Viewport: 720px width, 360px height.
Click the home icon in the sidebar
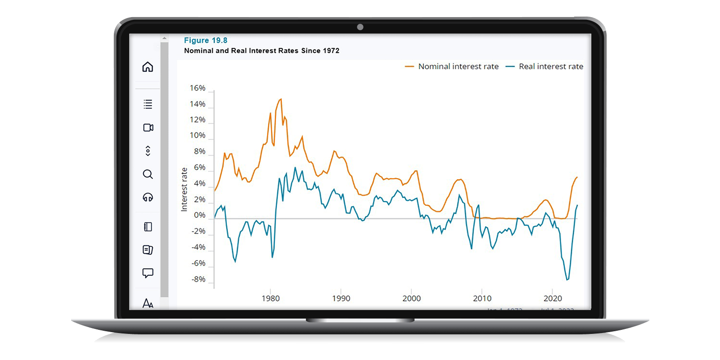pyautogui.click(x=148, y=67)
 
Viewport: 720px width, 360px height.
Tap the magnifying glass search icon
pyautogui.click(x=148, y=174)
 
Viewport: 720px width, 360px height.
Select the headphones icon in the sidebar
pyautogui.click(x=148, y=197)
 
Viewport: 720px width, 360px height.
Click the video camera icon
pyautogui.click(x=148, y=128)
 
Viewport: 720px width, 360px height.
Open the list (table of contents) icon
pyautogui.click(x=148, y=104)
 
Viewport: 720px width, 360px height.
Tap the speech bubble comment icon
pyautogui.click(x=148, y=273)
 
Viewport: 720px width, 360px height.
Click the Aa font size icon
pyautogui.click(x=148, y=303)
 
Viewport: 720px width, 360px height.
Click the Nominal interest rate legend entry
pyautogui.click(x=458, y=67)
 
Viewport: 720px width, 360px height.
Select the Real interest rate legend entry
pyautogui.click(x=550, y=67)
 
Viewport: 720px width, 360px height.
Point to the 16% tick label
pyautogui.click(x=197, y=88)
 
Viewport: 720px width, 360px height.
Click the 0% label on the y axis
pyautogui.click(x=199, y=215)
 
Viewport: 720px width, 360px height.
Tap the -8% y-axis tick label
pyautogui.click(x=198, y=279)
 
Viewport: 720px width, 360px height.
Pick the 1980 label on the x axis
pyautogui.click(x=270, y=298)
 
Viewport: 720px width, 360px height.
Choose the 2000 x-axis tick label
pyautogui.click(x=411, y=298)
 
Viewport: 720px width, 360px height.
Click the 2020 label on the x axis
pyautogui.click(x=553, y=298)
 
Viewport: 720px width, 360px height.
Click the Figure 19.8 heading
pyautogui.click(x=206, y=40)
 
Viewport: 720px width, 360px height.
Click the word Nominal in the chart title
pyautogui.click(x=198, y=51)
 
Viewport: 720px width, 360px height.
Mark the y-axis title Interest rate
pyautogui.click(x=184, y=189)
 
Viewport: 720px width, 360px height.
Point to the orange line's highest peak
pyautogui.click(x=281, y=99)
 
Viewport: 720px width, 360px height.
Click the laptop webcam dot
pyautogui.click(x=360, y=27)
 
